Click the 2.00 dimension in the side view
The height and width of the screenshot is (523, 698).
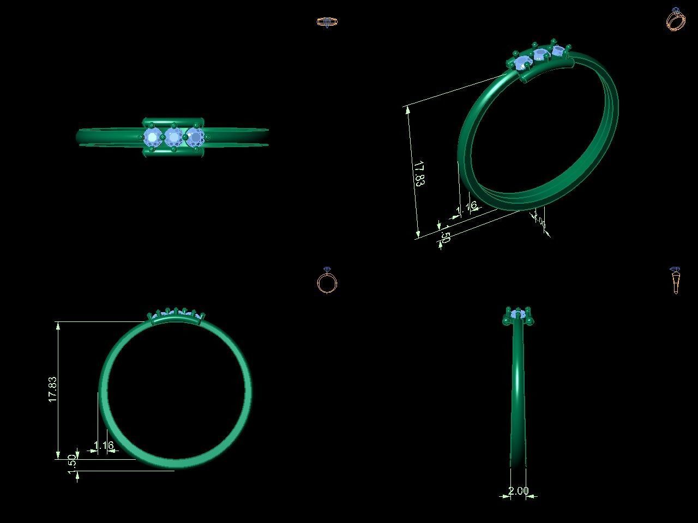pos(518,491)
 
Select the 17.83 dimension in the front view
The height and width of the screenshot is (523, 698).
pos(53,389)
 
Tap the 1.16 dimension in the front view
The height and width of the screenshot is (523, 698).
pos(104,446)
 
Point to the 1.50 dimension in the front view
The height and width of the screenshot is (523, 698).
pos(72,464)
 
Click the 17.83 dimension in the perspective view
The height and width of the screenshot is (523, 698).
pos(419,174)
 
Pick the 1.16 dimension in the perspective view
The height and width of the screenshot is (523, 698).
pos(467,207)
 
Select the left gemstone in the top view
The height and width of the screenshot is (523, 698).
pos(152,137)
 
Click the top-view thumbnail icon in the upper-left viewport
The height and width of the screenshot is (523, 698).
pos(327,22)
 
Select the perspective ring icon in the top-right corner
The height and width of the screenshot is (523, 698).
pos(676,20)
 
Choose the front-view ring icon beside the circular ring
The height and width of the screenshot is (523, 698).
pos(327,281)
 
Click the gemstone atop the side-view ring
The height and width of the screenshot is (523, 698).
pos(518,314)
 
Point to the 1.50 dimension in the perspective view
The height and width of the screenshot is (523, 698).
pos(445,237)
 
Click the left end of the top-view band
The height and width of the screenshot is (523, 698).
pos(79,137)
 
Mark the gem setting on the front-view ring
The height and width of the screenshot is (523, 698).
pos(176,315)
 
